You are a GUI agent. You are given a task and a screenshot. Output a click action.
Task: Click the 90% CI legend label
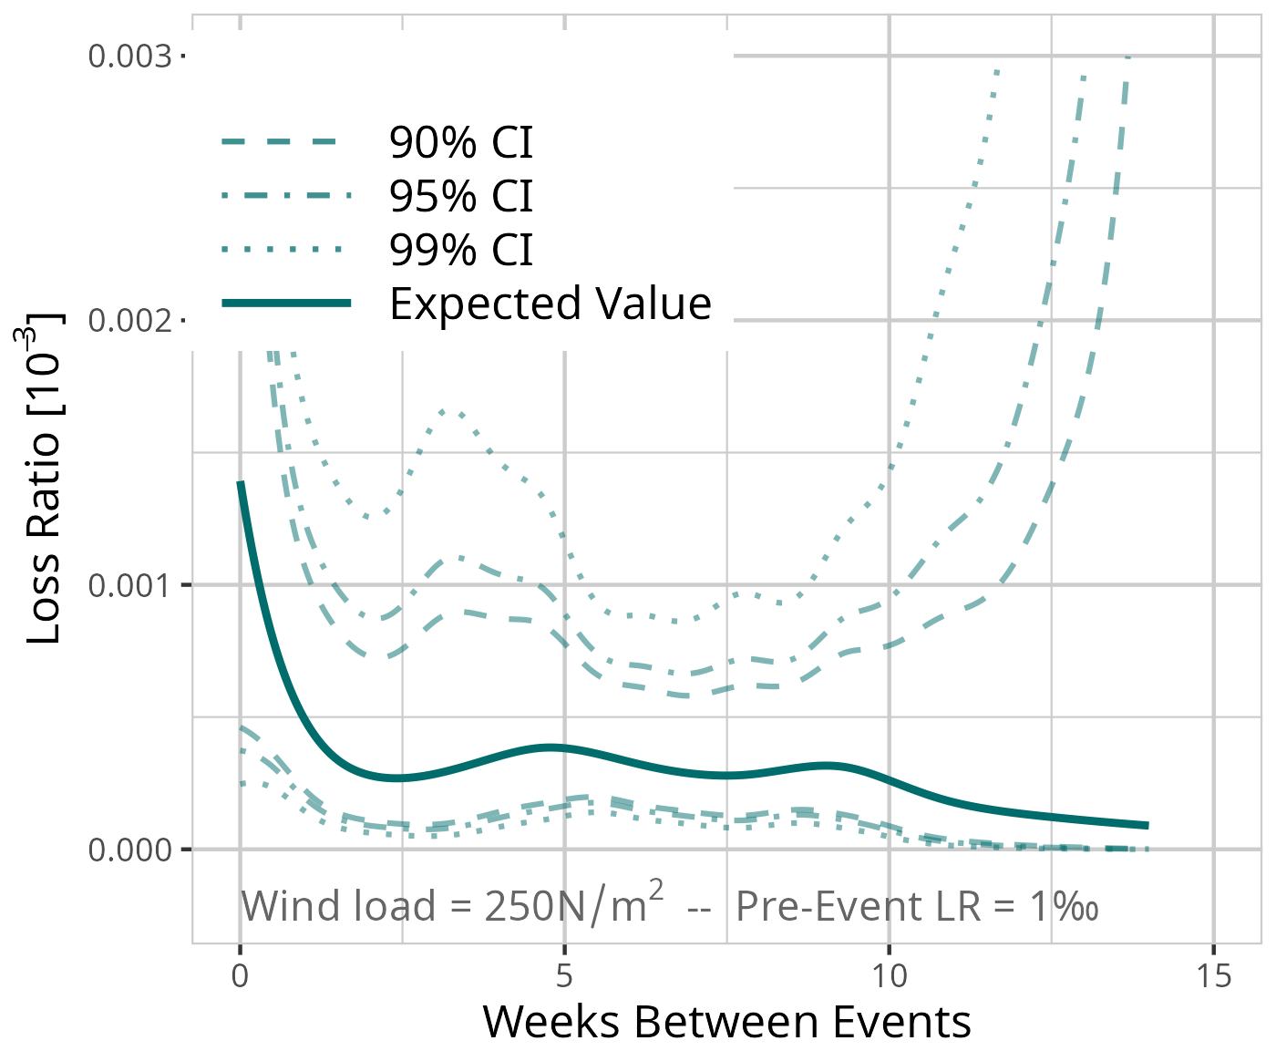tap(460, 142)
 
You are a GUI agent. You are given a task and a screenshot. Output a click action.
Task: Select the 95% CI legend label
tap(460, 196)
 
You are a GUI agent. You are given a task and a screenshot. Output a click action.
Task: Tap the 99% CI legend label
tap(460, 250)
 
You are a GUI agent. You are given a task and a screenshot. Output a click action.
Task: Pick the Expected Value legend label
tap(550, 304)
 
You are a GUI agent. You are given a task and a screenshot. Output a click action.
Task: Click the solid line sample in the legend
tap(286, 303)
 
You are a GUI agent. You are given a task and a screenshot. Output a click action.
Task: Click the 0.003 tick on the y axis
tap(129, 57)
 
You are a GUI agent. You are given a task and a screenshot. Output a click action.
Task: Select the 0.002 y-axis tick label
tap(129, 321)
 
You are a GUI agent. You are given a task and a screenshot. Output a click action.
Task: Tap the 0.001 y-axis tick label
tap(129, 585)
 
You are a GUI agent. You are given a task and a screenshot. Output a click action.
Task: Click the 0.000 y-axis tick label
tap(129, 850)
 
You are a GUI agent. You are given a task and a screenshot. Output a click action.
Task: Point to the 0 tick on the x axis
tap(240, 977)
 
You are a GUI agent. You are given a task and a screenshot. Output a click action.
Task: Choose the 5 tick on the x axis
tap(564, 977)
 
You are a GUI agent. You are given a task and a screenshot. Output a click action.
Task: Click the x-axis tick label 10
tap(889, 977)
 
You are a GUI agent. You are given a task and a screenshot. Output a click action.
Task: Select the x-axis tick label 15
tap(1213, 977)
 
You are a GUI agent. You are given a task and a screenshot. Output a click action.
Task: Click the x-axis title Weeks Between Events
tap(726, 1022)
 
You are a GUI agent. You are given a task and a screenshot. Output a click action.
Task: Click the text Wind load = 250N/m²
tap(452, 906)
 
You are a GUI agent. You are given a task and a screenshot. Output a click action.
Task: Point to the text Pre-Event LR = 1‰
tap(916, 906)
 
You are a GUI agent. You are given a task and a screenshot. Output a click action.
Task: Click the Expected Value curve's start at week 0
tap(241, 483)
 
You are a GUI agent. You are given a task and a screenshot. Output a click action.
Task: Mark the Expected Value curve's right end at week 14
tap(1147, 825)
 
